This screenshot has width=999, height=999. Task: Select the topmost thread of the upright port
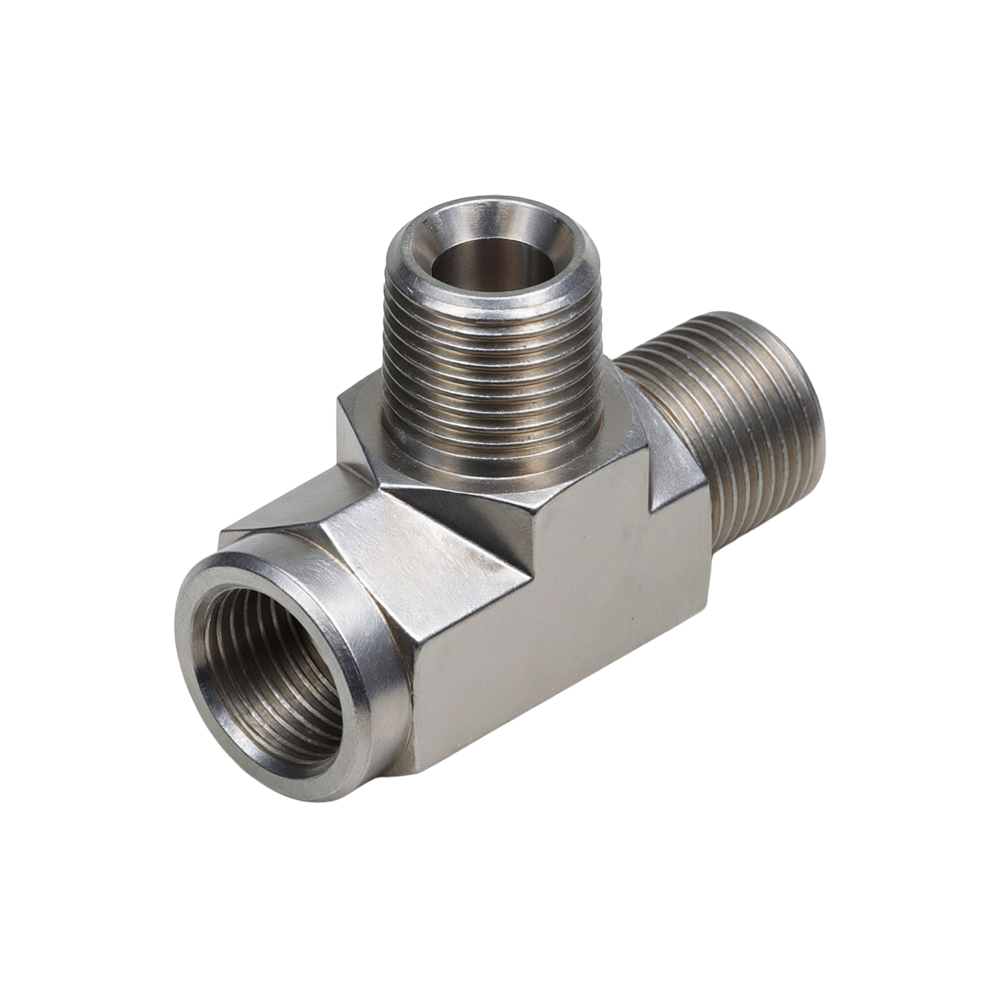tap(493, 300)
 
